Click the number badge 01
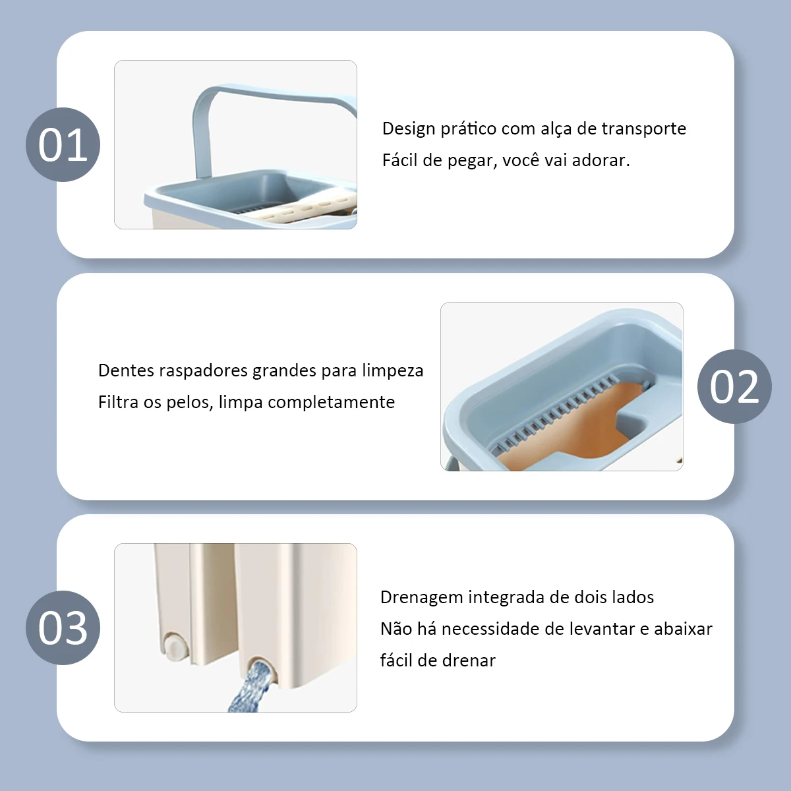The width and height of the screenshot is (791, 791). [x=63, y=144]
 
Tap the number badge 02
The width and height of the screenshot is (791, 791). [x=734, y=386]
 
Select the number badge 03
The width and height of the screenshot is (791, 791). [x=63, y=628]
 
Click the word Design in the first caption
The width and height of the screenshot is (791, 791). [x=409, y=130]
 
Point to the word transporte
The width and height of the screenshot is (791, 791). [x=643, y=129]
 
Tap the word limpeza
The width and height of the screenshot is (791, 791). [x=392, y=371]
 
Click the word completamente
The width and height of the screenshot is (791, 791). [x=332, y=403]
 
